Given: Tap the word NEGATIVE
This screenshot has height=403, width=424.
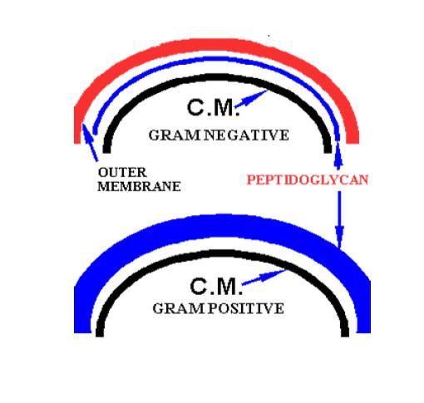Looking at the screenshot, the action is pos(247,135).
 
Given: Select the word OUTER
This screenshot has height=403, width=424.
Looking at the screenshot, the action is pos(122,173).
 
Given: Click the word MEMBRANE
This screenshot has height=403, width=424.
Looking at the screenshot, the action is pos(139,186).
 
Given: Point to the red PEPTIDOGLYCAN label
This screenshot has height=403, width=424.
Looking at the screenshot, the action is pos(308,179).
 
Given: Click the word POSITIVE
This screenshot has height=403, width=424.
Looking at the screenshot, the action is pos(246,308).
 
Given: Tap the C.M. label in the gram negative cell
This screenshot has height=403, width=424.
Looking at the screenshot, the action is pos(213,108).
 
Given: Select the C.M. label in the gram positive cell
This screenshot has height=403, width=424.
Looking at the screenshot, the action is pos(216,286).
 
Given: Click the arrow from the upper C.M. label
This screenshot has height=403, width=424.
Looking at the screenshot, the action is pos(251,99).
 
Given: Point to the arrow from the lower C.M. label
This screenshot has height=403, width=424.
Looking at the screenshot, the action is pos(264,277).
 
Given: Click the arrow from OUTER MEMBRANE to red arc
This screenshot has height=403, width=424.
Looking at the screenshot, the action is pos(90,143).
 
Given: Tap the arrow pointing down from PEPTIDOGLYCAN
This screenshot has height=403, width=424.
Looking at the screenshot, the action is pos(339,219).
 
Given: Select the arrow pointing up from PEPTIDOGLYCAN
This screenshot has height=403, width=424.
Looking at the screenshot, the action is pos(338,155).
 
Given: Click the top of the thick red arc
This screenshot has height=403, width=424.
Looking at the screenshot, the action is pos(216,45).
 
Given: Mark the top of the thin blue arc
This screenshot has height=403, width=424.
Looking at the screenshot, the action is pos(216,58).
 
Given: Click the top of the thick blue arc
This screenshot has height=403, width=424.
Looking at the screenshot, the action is pos(222,225).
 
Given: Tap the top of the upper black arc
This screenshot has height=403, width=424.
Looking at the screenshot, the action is pos(218,76).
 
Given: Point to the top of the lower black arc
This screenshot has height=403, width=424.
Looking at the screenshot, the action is pos(222,253).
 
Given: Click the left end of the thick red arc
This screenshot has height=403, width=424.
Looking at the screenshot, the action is pos(77,143).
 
